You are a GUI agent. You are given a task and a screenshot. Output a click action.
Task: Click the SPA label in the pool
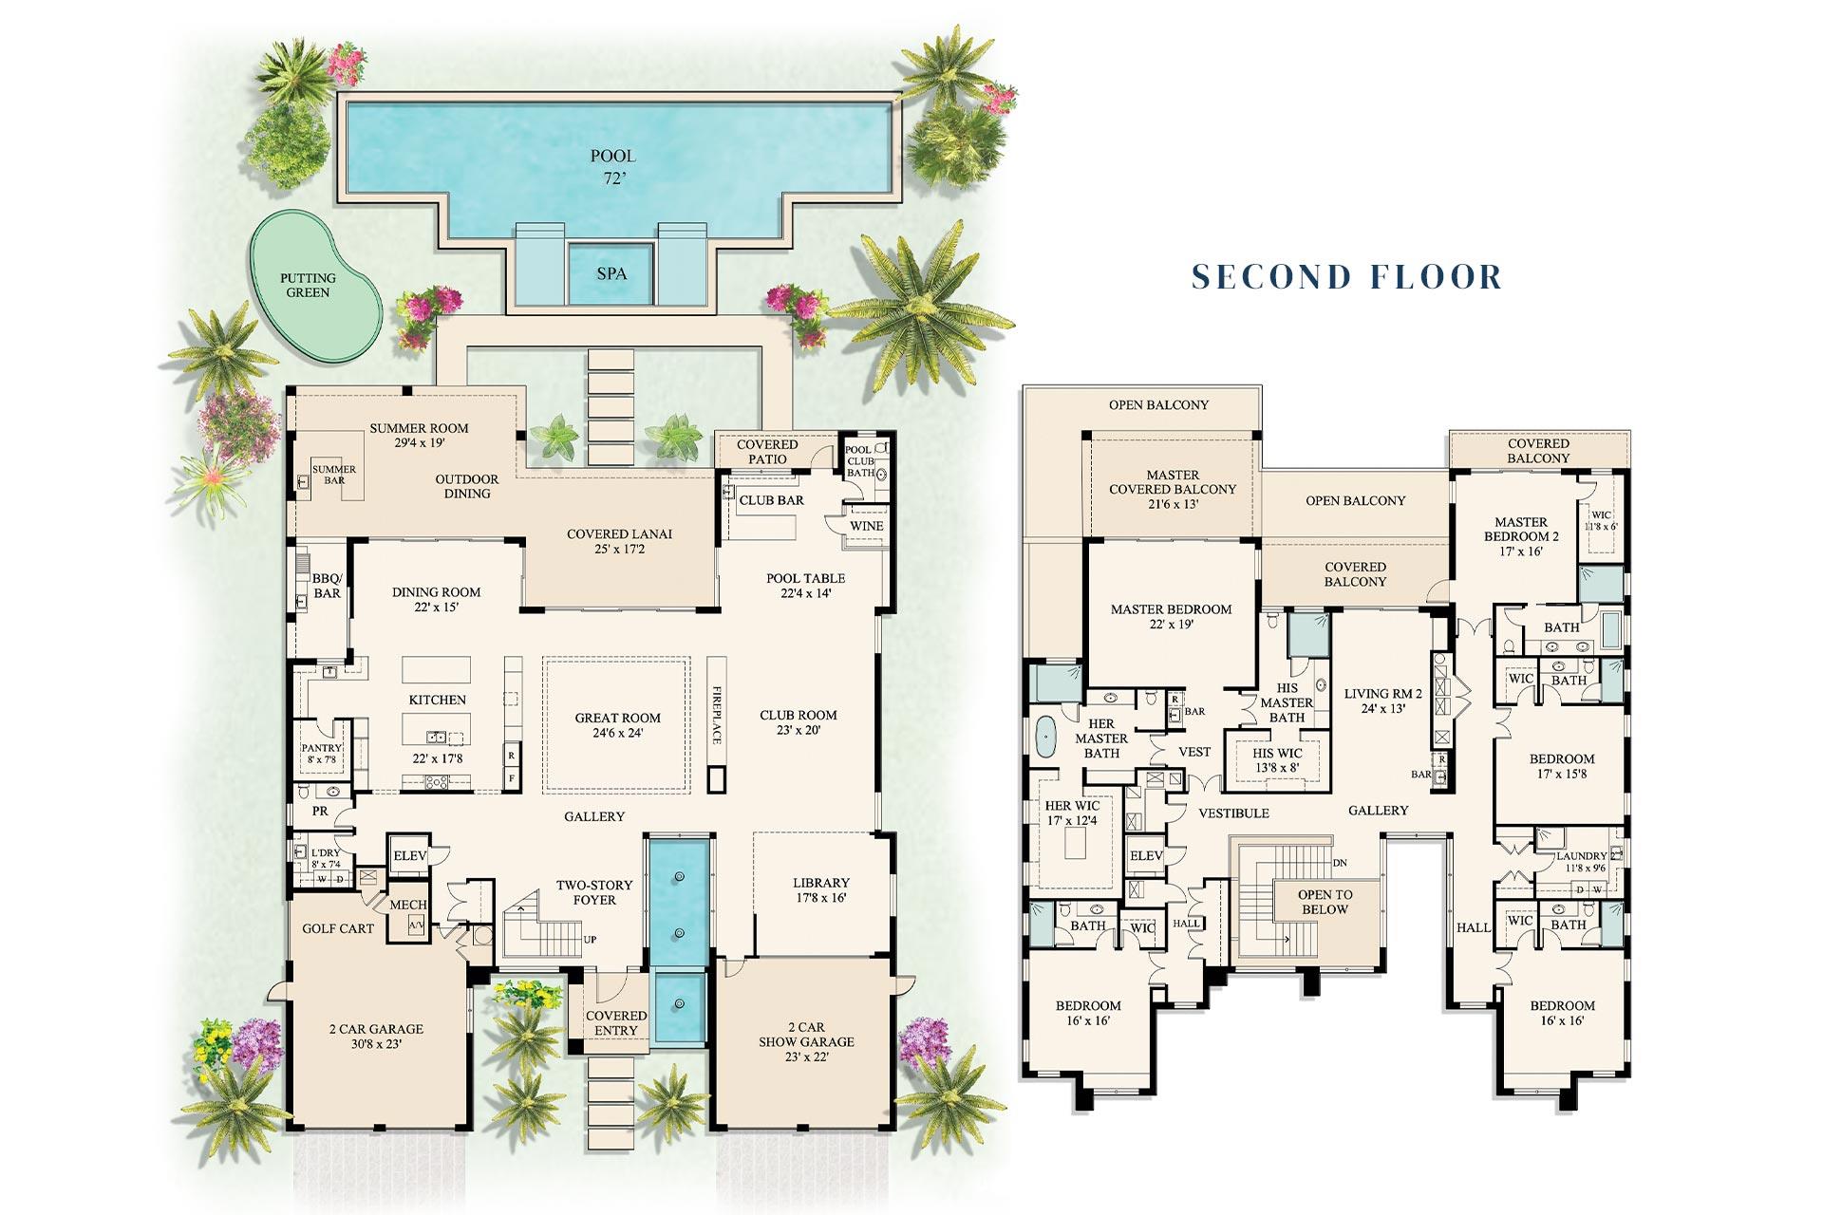click(611, 273)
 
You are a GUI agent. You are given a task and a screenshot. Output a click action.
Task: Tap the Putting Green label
click(308, 285)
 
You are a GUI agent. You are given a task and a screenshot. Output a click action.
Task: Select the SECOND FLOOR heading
click(1347, 276)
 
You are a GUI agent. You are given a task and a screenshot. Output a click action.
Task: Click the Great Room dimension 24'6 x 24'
click(617, 733)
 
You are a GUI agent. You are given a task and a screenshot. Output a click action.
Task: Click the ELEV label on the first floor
click(410, 855)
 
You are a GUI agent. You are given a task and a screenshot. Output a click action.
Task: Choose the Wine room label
click(866, 526)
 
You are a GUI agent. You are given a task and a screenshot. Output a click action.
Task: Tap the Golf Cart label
click(337, 928)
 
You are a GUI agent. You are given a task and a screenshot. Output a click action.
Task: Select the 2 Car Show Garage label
click(805, 1041)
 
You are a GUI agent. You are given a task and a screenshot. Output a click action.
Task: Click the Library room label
click(820, 883)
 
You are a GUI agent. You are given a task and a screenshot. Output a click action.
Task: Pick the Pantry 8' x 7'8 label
click(322, 754)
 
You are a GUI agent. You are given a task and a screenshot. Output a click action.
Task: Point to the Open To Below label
click(1325, 902)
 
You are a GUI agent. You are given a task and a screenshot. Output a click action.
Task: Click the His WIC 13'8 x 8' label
click(1277, 760)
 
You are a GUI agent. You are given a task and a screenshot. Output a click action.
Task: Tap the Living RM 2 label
click(1382, 701)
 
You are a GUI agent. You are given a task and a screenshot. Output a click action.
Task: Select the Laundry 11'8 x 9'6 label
click(1581, 861)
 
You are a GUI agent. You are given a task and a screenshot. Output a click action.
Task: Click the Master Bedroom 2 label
click(1521, 536)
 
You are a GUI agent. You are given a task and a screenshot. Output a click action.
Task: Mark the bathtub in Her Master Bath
click(1045, 737)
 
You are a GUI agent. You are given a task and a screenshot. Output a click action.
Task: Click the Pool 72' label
click(613, 166)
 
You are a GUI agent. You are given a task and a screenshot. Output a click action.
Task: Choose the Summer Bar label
click(334, 475)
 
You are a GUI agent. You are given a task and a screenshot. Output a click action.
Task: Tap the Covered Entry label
click(616, 1022)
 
